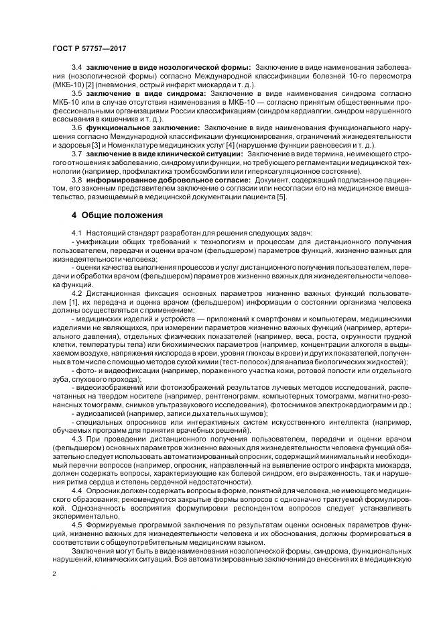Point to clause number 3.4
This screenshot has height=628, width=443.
(76, 68)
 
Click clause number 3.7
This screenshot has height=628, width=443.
(76, 154)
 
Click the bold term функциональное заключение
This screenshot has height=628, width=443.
(143, 127)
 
